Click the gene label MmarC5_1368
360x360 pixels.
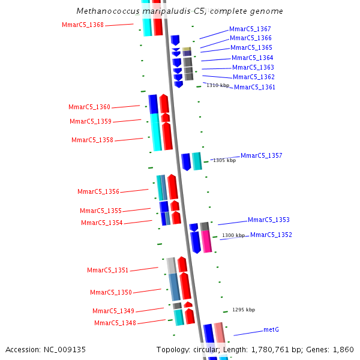(x=83, y=25)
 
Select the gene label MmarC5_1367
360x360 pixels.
(x=250, y=29)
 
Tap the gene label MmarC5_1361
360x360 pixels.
(x=254, y=87)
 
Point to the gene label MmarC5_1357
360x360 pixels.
(x=261, y=155)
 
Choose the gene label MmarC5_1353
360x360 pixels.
(x=268, y=220)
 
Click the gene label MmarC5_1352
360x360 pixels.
(x=271, y=235)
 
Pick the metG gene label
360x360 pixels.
(x=271, y=329)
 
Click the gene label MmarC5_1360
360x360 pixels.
(x=89, y=107)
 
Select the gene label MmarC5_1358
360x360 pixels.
(x=92, y=140)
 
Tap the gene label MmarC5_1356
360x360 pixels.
(x=98, y=191)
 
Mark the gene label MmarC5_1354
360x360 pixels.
(x=102, y=223)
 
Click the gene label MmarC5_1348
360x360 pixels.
(x=115, y=323)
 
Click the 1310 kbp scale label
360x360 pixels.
(x=218, y=85)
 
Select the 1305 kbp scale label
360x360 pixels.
(x=224, y=160)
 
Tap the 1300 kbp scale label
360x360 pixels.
(x=233, y=235)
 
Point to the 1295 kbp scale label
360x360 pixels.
(x=244, y=310)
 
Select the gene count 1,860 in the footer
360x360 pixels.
(x=343, y=349)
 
